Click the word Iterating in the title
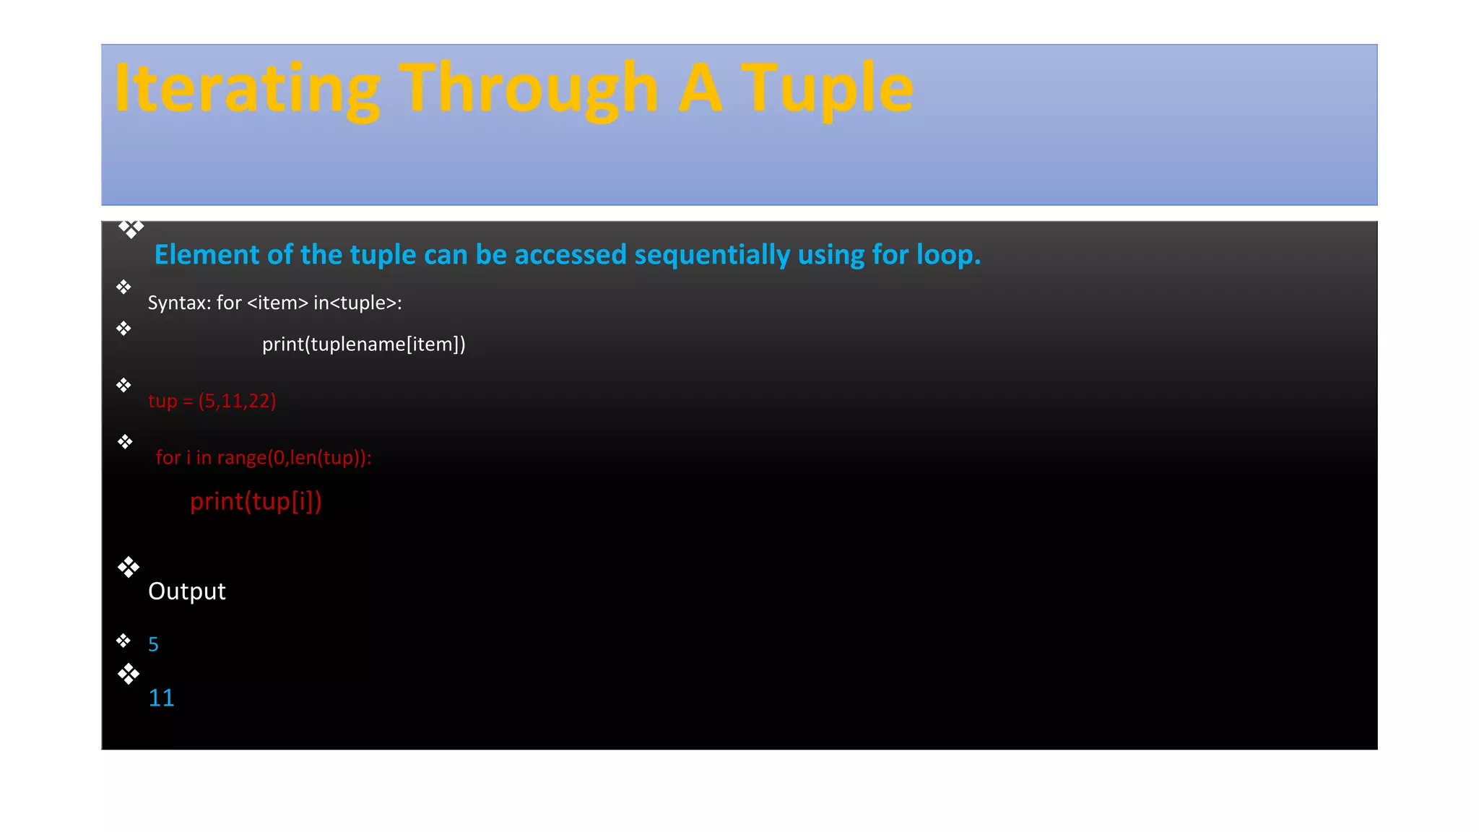[x=246, y=88]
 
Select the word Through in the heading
[x=528, y=88]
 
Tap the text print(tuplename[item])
[x=363, y=344]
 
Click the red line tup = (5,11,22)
[x=212, y=401]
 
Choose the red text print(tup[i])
[x=256, y=501]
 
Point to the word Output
[x=186, y=591]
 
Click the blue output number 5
[x=153, y=644]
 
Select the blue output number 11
[x=161, y=698]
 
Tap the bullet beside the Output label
[x=129, y=567]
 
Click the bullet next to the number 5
[x=123, y=641]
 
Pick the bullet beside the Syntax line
[x=123, y=287]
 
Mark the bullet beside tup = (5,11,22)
[x=123, y=385]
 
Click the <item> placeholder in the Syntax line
[x=277, y=303]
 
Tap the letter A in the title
[x=700, y=88]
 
